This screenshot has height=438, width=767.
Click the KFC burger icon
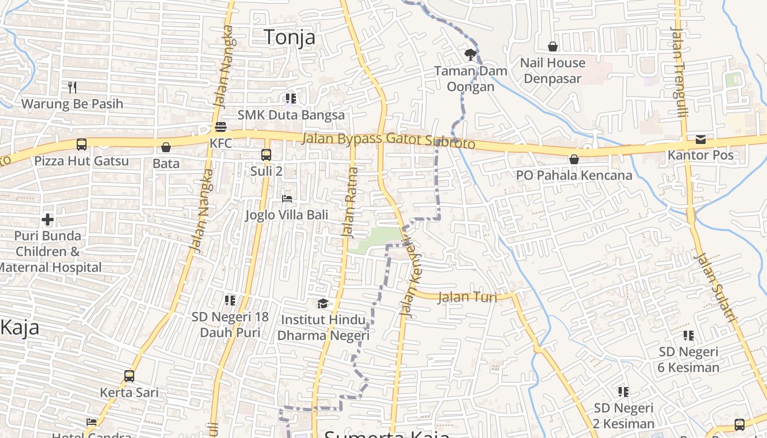point(221,127)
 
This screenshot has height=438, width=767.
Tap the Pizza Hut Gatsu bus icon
point(81,145)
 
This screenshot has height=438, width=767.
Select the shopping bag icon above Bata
point(165,147)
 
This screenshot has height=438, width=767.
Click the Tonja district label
point(290,37)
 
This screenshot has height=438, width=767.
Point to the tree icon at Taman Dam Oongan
point(470,54)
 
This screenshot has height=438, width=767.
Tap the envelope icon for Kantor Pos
point(700,139)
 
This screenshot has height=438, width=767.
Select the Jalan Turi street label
point(467,297)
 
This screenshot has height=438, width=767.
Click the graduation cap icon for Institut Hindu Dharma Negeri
point(323,303)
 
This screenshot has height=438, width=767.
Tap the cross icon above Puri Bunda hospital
point(48,220)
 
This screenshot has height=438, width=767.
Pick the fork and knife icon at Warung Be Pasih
point(72,87)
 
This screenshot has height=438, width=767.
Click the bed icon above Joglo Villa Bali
point(287,198)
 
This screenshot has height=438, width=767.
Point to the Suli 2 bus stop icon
point(266,155)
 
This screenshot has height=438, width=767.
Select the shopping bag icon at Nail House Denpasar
point(552,47)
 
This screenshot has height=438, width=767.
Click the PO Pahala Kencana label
point(574,175)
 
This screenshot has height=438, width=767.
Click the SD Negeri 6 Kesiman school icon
point(688,335)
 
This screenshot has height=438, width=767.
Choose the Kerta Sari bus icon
point(129,376)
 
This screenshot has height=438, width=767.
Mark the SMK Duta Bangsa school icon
point(290,99)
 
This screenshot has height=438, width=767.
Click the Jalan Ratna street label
point(350,201)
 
